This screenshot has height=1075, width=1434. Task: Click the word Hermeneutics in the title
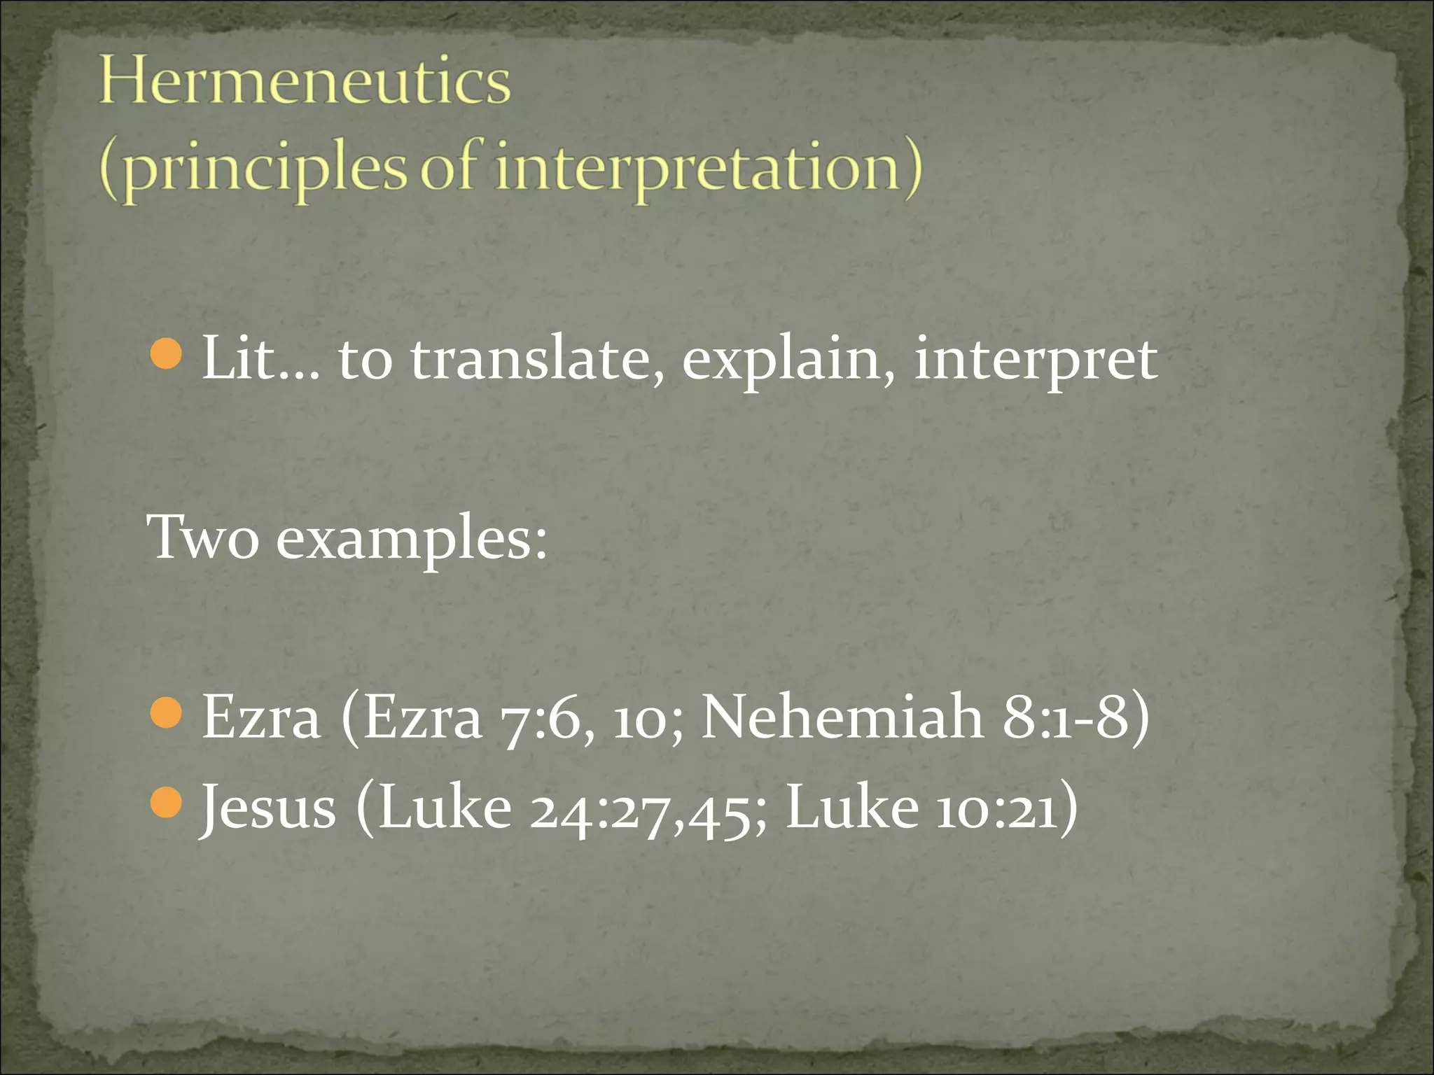click(305, 83)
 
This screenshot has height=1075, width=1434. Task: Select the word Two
click(203, 537)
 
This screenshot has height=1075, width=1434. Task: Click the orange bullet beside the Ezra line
click(167, 714)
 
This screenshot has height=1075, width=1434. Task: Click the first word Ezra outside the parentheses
click(261, 718)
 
